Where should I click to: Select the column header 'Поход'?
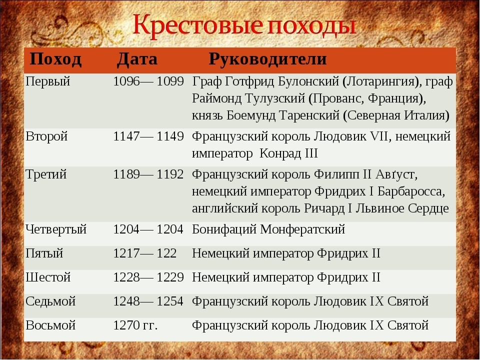click(55, 59)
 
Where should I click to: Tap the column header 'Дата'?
click(137, 59)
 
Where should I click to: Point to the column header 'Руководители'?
click(267, 59)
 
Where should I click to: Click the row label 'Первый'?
click(48, 82)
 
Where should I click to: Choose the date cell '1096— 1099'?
click(148, 81)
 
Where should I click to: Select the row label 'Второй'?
click(46, 136)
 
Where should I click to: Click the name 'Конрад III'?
click(288, 153)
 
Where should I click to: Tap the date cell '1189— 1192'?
click(148, 174)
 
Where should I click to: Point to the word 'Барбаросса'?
click(411, 192)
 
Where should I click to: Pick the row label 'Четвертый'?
click(56, 230)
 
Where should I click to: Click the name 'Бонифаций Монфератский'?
click(268, 230)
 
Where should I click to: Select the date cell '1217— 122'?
click(145, 253)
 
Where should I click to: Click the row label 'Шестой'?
click(48, 277)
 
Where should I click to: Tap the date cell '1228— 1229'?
click(148, 277)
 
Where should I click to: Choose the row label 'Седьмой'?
click(50, 302)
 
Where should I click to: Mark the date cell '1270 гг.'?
click(135, 325)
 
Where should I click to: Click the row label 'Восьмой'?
click(50, 325)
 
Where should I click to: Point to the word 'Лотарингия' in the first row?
click(380, 82)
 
